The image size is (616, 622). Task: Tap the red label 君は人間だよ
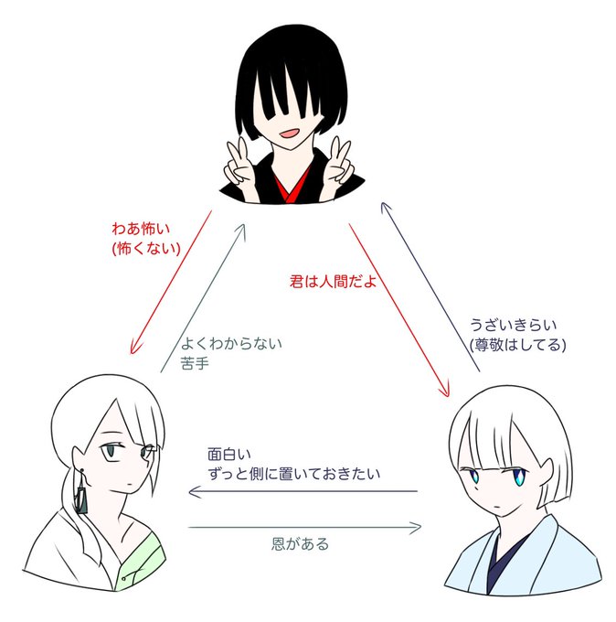(328, 282)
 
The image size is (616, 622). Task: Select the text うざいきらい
(513, 325)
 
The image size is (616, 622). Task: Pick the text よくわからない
(232, 344)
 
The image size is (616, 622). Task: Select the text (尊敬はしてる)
(516, 345)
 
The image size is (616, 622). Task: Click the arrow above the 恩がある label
(304, 527)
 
